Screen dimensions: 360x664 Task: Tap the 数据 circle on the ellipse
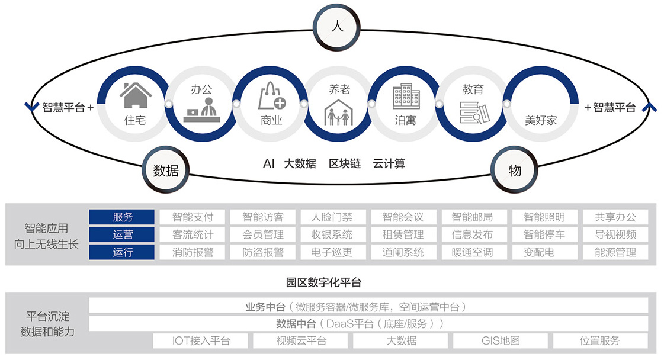coord(166,171)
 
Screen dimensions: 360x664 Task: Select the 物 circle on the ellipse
coord(515,171)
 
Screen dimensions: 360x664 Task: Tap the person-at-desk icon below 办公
coord(201,111)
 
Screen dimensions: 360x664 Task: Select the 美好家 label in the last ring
coord(541,120)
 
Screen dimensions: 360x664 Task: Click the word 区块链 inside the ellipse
coord(345,164)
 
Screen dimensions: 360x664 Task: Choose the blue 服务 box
coord(122,217)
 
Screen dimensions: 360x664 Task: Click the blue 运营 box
coord(122,234)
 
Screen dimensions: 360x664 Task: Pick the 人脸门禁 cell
coord(332,217)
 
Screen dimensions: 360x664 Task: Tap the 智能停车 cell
coord(544,234)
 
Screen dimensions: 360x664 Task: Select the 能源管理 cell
coord(615,252)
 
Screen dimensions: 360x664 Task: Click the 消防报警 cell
coord(193,252)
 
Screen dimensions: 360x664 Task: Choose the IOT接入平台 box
coord(201,340)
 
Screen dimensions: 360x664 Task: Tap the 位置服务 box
coord(600,340)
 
